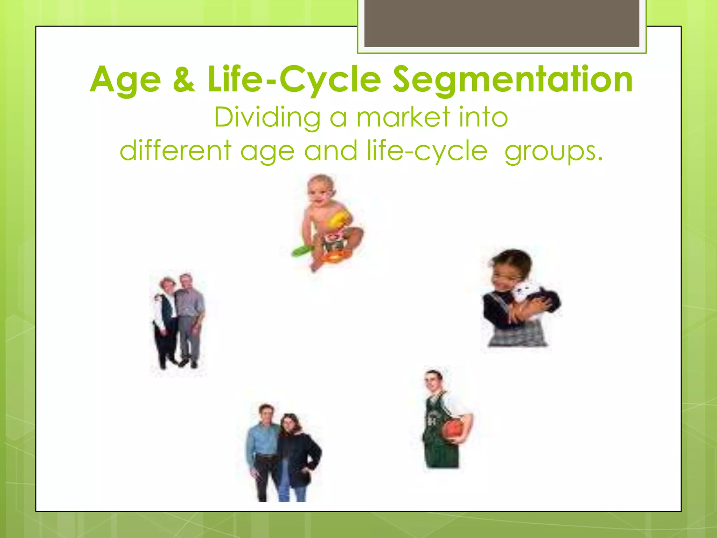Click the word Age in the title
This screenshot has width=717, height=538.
coord(125,80)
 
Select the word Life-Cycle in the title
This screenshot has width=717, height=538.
coord(294,80)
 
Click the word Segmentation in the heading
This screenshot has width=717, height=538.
coord(512,80)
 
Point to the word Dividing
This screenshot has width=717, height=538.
coord(267,117)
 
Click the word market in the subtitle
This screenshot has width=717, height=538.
coord(403,117)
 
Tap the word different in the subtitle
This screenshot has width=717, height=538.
coord(175,151)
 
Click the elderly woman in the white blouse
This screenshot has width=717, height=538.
coord(164,315)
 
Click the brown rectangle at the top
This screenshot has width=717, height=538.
coord(502,23)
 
